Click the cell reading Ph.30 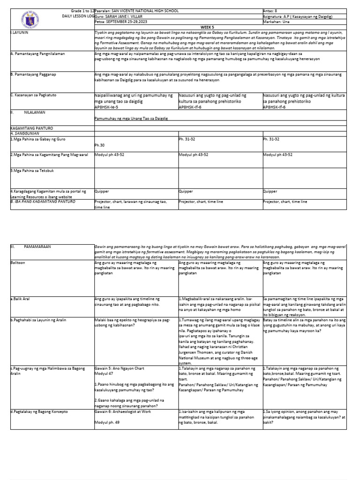click(99, 145)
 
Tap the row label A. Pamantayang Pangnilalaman click(37, 54)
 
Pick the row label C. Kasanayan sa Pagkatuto click(33, 95)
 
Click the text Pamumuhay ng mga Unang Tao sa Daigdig click(131, 119)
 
